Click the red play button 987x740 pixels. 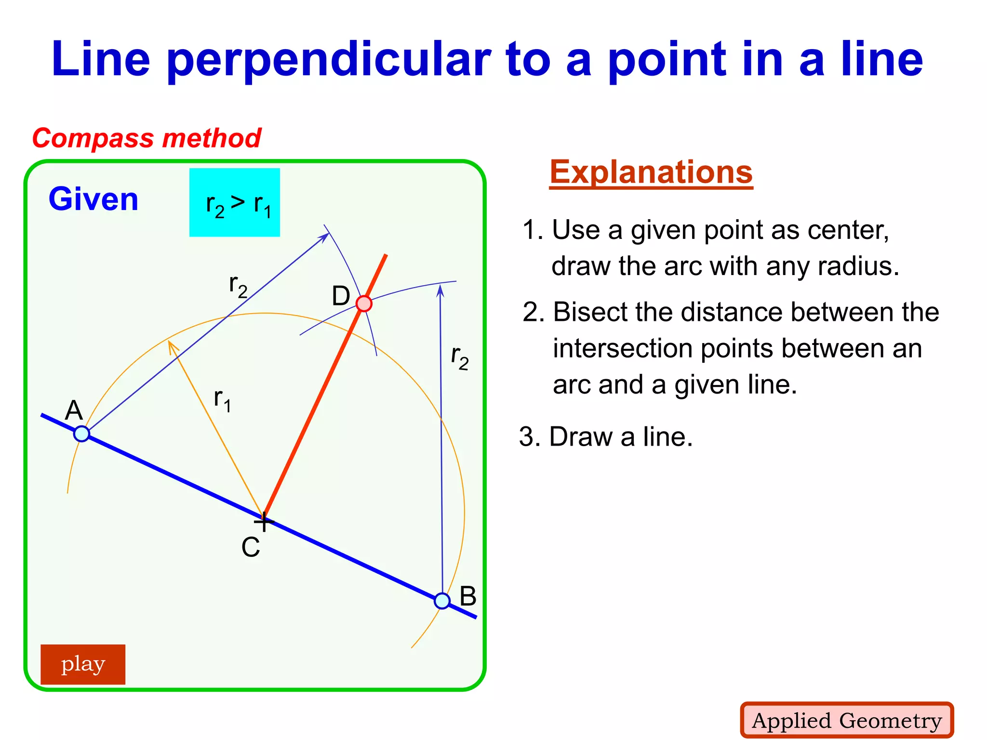(x=83, y=664)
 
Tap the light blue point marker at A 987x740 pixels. (x=82, y=434)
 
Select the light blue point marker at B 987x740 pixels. (x=442, y=601)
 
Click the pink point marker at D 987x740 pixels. (x=364, y=304)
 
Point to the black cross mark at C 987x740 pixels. (x=264, y=521)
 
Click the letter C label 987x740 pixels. (x=251, y=547)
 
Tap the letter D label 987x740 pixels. (x=341, y=296)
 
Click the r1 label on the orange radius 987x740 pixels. (x=222, y=400)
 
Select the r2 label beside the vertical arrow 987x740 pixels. (x=459, y=357)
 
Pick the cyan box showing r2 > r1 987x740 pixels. (x=235, y=202)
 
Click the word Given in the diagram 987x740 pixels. (x=93, y=199)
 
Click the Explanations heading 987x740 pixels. (x=651, y=172)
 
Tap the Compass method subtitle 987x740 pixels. (x=147, y=138)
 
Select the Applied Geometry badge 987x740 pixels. (x=847, y=720)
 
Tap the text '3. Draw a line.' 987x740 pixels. (x=606, y=436)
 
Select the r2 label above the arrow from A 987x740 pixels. (x=238, y=286)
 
